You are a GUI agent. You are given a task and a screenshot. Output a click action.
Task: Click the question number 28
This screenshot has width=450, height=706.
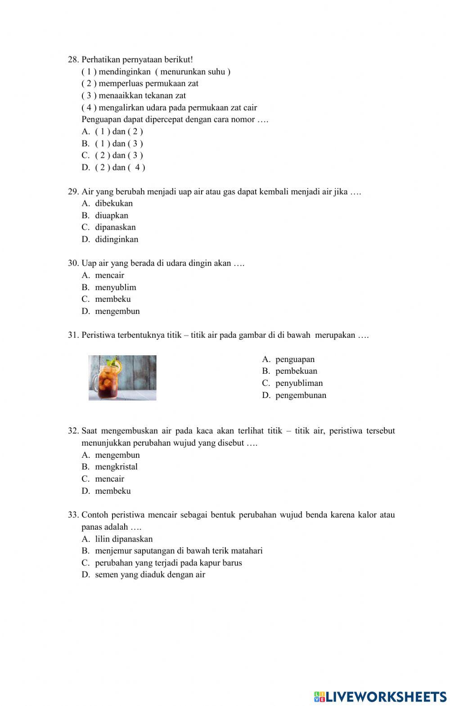[73, 59]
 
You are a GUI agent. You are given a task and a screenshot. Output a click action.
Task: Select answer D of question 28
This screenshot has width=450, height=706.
[113, 167]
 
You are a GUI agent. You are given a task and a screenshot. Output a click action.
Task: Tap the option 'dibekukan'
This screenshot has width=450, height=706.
[114, 203]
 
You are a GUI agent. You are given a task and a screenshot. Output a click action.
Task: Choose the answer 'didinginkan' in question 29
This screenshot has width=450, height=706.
[117, 239]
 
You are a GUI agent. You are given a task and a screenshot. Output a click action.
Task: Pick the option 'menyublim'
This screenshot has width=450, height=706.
[116, 287]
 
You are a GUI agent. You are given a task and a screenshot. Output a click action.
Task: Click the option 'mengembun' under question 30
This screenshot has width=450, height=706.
[117, 311]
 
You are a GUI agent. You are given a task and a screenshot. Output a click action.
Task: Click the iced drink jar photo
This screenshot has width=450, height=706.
[122, 378]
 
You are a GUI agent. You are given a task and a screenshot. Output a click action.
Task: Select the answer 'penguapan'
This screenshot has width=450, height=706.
[295, 359]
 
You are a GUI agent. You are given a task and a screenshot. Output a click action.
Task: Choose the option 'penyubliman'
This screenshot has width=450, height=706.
[299, 383]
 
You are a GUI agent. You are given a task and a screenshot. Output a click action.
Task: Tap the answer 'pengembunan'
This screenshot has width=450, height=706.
[301, 395]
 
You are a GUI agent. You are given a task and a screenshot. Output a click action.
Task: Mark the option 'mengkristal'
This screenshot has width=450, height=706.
[116, 467]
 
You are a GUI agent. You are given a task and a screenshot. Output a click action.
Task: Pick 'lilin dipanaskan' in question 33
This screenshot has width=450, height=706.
[124, 539]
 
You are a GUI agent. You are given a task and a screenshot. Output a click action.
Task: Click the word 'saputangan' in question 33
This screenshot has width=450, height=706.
[154, 551]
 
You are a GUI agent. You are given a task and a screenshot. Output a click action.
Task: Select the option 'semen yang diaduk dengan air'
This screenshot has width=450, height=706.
[150, 575]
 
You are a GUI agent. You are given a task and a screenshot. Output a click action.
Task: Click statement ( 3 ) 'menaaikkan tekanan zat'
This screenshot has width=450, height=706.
[134, 95]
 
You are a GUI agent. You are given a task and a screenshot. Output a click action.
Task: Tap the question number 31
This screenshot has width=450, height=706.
[73, 335]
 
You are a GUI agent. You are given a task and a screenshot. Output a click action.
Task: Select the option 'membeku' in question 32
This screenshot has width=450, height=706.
[112, 491]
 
